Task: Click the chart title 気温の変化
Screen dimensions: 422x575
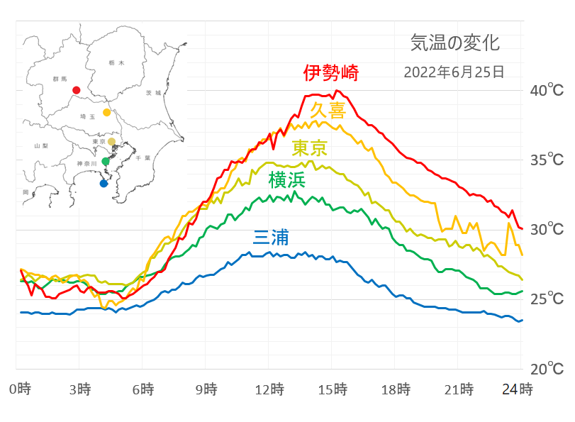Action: coord(454,43)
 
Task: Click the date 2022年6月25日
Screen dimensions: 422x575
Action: coord(454,72)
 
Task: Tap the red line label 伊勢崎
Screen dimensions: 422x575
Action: coord(331,73)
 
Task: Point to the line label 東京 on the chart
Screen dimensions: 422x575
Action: coord(310,148)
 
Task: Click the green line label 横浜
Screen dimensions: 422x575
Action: coord(286,180)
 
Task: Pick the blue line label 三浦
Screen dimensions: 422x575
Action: coord(270,238)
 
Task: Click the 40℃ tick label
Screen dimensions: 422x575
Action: coord(548,91)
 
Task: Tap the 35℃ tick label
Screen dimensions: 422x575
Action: coord(548,160)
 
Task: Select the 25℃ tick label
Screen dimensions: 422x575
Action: coord(548,299)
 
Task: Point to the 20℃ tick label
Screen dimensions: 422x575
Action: coord(548,370)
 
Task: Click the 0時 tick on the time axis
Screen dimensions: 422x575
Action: coord(20,389)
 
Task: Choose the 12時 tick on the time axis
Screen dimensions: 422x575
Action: coord(270,389)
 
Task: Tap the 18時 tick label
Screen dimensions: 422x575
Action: coord(396,389)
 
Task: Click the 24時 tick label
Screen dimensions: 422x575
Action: coord(518,389)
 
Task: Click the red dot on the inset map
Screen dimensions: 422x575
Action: coord(76,90)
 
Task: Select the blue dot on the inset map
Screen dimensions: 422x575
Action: coord(104,184)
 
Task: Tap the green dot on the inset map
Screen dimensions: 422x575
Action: coord(106,162)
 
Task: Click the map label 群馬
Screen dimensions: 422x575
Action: coord(59,79)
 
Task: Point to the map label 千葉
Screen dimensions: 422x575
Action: coord(143,158)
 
